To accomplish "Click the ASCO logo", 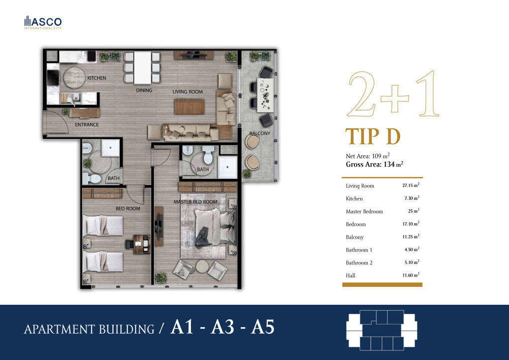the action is pyautogui.click(x=43, y=22).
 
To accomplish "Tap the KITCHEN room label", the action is pyautogui.click(x=97, y=78).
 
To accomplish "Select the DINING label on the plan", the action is pyautogui.click(x=144, y=90).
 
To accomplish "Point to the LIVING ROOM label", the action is pyautogui.click(x=187, y=92).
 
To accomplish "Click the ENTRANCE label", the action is pyautogui.click(x=86, y=125).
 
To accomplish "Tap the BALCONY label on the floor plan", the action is pyautogui.click(x=259, y=133).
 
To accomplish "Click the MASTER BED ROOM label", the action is pyautogui.click(x=195, y=202).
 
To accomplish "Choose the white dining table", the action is pyautogui.click(x=143, y=68).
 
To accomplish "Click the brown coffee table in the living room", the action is pyautogui.click(x=189, y=106).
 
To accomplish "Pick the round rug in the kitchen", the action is pyautogui.click(x=74, y=78).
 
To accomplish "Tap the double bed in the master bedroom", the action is pyautogui.click(x=215, y=227).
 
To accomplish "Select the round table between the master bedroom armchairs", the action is pyautogui.click(x=202, y=267).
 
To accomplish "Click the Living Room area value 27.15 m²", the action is pyautogui.click(x=411, y=185).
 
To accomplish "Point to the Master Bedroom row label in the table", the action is pyautogui.click(x=364, y=211).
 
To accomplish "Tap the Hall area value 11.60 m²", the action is pyautogui.click(x=411, y=275).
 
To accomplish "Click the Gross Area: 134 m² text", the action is pyautogui.click(x=374, y=164).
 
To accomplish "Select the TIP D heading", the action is pyautogui.click(x=373, y=136).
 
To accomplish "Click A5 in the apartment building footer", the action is pyautogui.click(x=262, y=327).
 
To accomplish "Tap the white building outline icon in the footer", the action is pyautogui.click(x=382, y=331).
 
